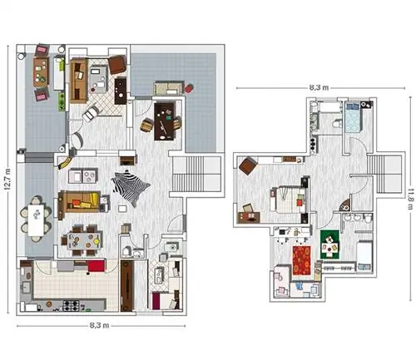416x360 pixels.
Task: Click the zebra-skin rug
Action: click(x=131, y=187)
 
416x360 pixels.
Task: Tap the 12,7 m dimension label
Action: click(x=7, y=180)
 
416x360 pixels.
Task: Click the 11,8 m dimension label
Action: click(x=411, y=199)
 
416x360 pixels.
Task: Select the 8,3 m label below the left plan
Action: click(x=99, y=325)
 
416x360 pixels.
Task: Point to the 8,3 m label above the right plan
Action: click(x=319, y=88)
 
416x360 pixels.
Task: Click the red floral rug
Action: click(x=301, y=260)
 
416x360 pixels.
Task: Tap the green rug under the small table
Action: click(x=329, y=244)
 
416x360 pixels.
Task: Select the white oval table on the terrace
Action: click(x=36, y=219)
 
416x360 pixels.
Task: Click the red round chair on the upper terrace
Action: click(x=189, y=88)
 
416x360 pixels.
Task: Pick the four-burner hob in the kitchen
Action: click(x=72, y=306)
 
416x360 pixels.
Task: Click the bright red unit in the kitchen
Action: click(x=97, y=266)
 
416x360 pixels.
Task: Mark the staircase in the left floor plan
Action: click(x=196, y=174)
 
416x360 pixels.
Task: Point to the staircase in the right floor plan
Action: click(x=385, y=174)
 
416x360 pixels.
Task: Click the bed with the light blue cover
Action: click(x=354, y=117)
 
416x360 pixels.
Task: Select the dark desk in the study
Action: click(x=165, y=121)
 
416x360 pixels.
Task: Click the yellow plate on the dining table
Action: click(x=97, y=241)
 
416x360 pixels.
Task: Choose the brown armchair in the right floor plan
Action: click(x=248, y=165)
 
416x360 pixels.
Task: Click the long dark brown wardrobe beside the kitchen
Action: click(x=127, y=285)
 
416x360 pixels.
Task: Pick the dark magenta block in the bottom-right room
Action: click(x=156, y=301)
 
